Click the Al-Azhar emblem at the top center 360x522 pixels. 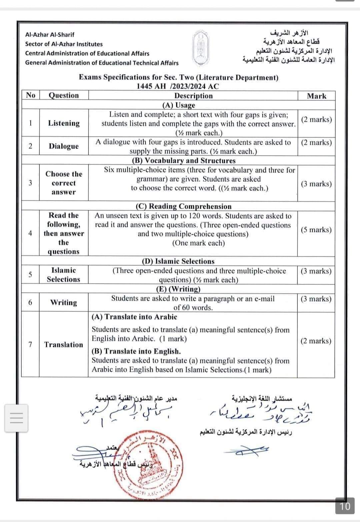[200, 47]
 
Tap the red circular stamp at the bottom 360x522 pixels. [150, 466]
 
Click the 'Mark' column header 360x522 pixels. [316, 96]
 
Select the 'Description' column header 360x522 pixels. [193, 96]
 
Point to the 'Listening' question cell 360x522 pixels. [64, 123]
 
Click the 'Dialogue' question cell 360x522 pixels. [64, 146]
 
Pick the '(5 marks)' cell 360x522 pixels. [316, 230]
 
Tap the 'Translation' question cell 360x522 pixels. [64, 345]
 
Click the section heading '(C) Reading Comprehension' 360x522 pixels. [183, 206]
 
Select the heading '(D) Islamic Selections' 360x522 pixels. [178, 261]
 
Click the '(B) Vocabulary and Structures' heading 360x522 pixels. [184, 161]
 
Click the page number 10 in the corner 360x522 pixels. [345, 506]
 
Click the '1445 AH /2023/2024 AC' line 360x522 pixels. [178, 86]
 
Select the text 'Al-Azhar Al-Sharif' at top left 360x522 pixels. [50, 35]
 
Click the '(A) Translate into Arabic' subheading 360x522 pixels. [134, 317]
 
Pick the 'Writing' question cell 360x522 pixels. [64, 303]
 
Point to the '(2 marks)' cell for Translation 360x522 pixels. [316, 341]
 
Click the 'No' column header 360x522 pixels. [30, 95]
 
